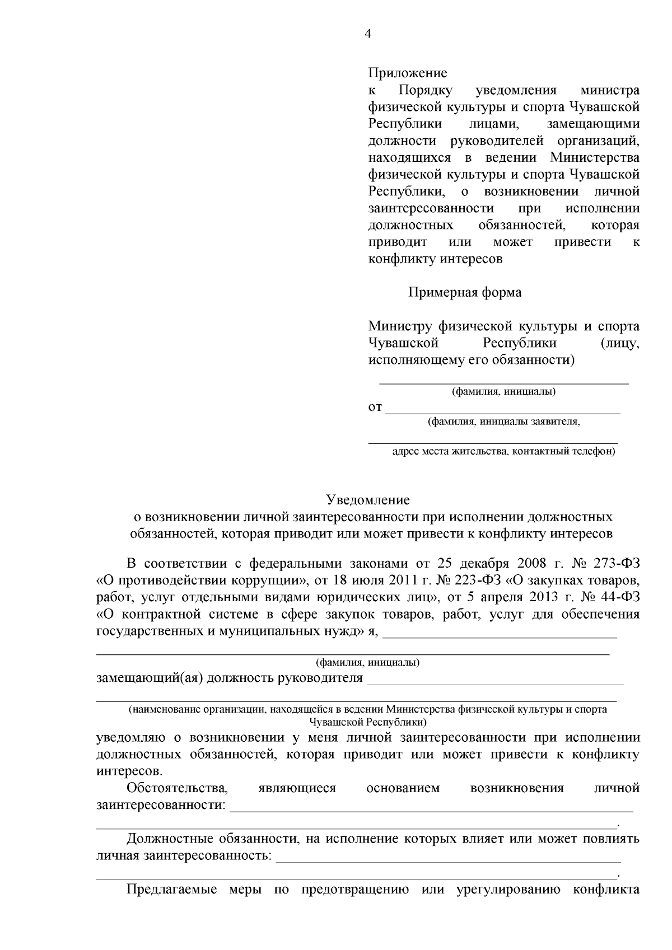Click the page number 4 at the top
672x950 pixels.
pos(367,34)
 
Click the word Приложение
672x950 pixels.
pos(407,73)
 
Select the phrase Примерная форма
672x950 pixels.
pos(464,292)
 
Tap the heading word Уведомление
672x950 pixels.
pos(368,499)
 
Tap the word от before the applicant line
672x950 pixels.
pos(375,407)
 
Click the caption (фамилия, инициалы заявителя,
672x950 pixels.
pos(503,422)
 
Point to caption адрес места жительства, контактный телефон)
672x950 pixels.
pos(503,451)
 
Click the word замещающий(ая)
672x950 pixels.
pos(150,679)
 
